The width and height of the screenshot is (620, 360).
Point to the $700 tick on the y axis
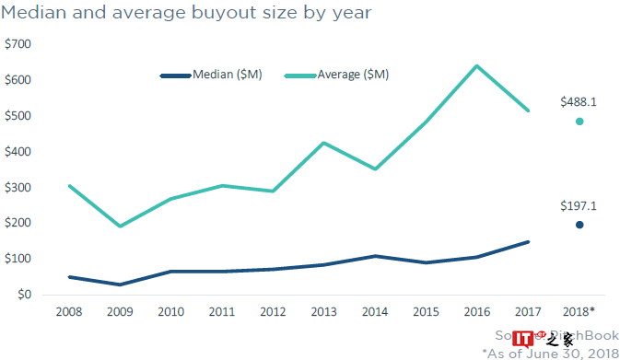[x=18, y=44]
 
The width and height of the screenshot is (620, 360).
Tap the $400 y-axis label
[x=18, y=152]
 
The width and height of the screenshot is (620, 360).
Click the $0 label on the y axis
[x=23, y=296]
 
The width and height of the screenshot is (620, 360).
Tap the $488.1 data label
[x=579, y=103]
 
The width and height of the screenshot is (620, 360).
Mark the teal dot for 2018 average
[x=579, y=122]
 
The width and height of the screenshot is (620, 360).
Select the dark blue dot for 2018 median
[x=579, y=225]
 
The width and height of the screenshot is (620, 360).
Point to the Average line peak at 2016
[x=476, y=65]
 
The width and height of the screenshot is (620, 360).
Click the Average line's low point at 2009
[x=120, y=226]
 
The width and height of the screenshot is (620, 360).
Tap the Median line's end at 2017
[x=527, y=242]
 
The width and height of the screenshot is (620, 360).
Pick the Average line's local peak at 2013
[x=323, y=143]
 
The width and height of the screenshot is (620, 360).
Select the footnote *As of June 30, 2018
[x=549, y=353]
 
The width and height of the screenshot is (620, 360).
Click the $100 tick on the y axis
[x=18, y=260]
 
